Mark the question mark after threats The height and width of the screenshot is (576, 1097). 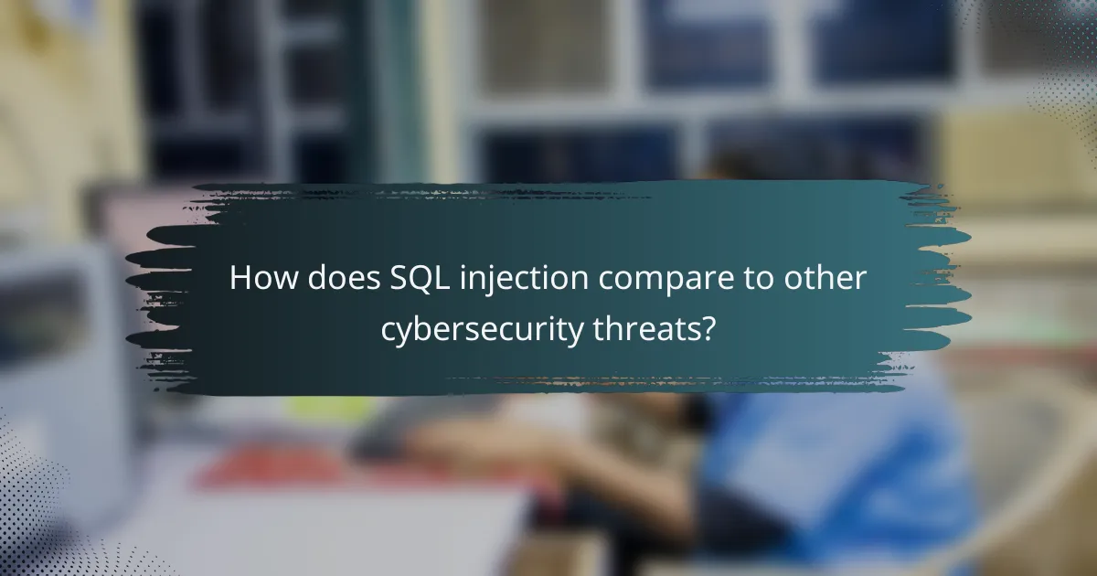[x=707, y=329]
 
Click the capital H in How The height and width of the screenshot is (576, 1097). [x=240, y=278]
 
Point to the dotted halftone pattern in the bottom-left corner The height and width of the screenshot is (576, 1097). [x=37, y=512]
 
